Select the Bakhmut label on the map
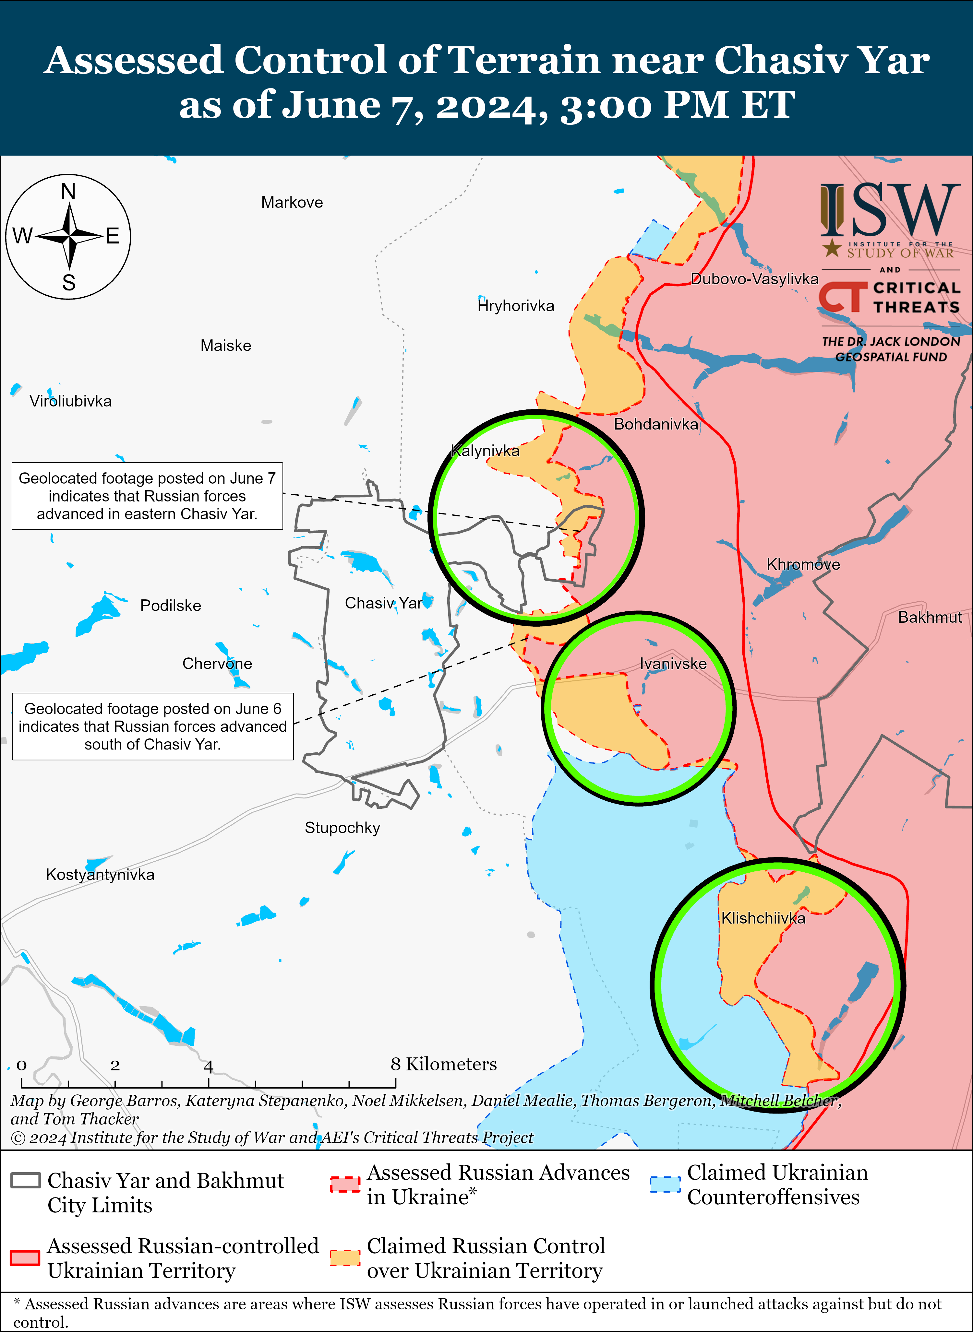pyautogui.click(x=930, y=618)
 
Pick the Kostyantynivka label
pyautogui.click(x=100, y=875)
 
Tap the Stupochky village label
pyautogui.click(x=342, y=828)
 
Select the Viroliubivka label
pyautogui.click(x=71, y=401)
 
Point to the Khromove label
pyautogui.click(x=803, y=564)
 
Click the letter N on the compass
pyautogui.click(x=68, y=192)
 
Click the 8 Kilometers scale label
pyautogui.click(x=443, y=1064)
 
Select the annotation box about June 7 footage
pyautogui.click(x=147, y=496)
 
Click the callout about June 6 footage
pyautogui.click(x=152, y=726)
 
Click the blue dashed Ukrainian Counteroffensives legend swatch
pyautogui.click(x=665, y=1184)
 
